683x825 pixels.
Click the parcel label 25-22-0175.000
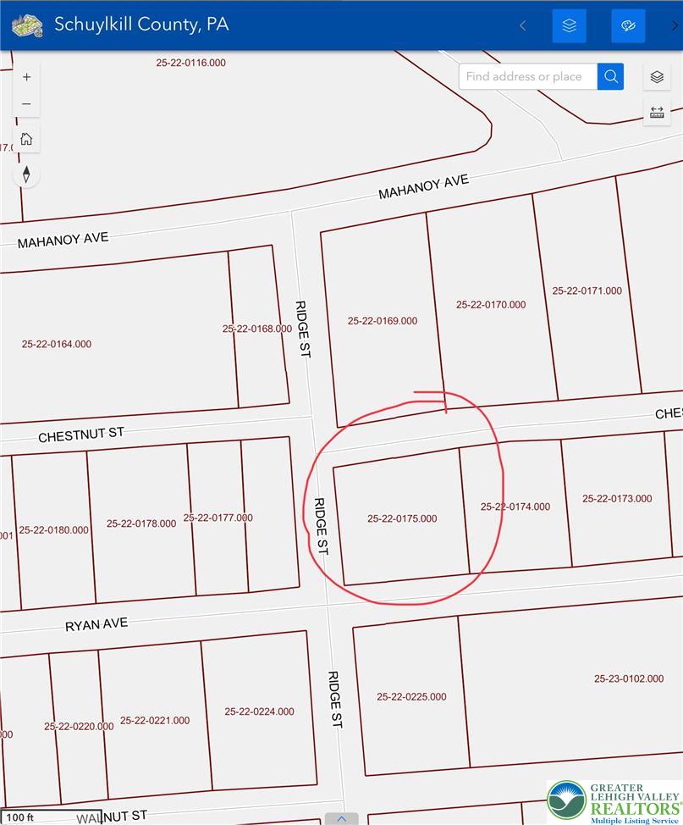tap(402, 518)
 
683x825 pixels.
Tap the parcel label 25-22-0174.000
tap(515, 507)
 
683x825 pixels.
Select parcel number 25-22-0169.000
tap(382, 321)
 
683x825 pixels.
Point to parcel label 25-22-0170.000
tap(490, 305)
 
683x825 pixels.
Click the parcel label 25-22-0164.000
tap(57, 344)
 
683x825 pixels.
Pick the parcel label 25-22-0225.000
tap(411, 696)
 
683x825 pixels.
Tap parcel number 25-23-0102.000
tap(628, 678)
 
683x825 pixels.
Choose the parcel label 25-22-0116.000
tap(190, 63)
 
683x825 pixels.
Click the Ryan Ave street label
tap(96, 625)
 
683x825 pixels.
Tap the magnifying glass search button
tap(610, 76)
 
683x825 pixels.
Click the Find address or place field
tap(527, 76)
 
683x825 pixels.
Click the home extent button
tap(27, 139)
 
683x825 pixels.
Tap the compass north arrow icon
tap(27, 174)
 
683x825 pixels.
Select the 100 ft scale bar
tap(18, 817)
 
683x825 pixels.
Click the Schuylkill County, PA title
tap(141, 24)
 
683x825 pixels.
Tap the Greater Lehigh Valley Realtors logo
tap(614, 802)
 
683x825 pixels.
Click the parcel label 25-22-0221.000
tap(155, 720)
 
